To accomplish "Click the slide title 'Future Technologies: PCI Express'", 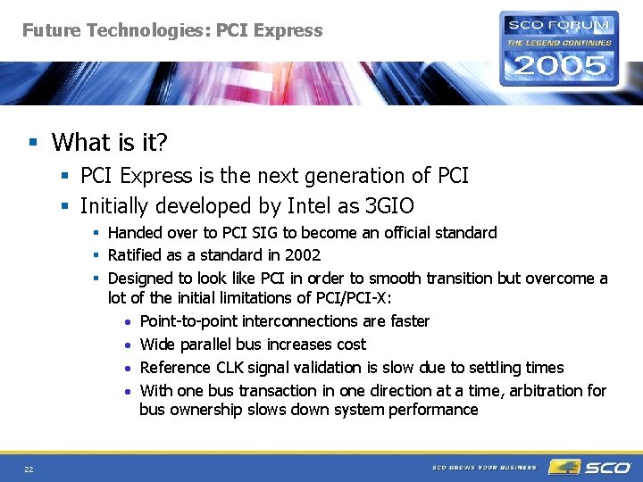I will point(172,30).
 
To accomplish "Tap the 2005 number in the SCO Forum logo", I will point(558,65).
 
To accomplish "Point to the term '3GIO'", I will point(389,206).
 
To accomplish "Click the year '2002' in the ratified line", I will point(303,255).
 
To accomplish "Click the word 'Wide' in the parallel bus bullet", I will point(158,345).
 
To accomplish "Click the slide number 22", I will point(29,469).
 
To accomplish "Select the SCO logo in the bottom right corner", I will point(591,467).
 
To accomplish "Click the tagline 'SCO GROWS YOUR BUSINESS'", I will point(484,468).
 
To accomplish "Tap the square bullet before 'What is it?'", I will point(33,143).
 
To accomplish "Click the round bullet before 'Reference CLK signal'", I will point(129,368).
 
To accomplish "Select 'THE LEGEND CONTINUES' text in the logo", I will point(559,42).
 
